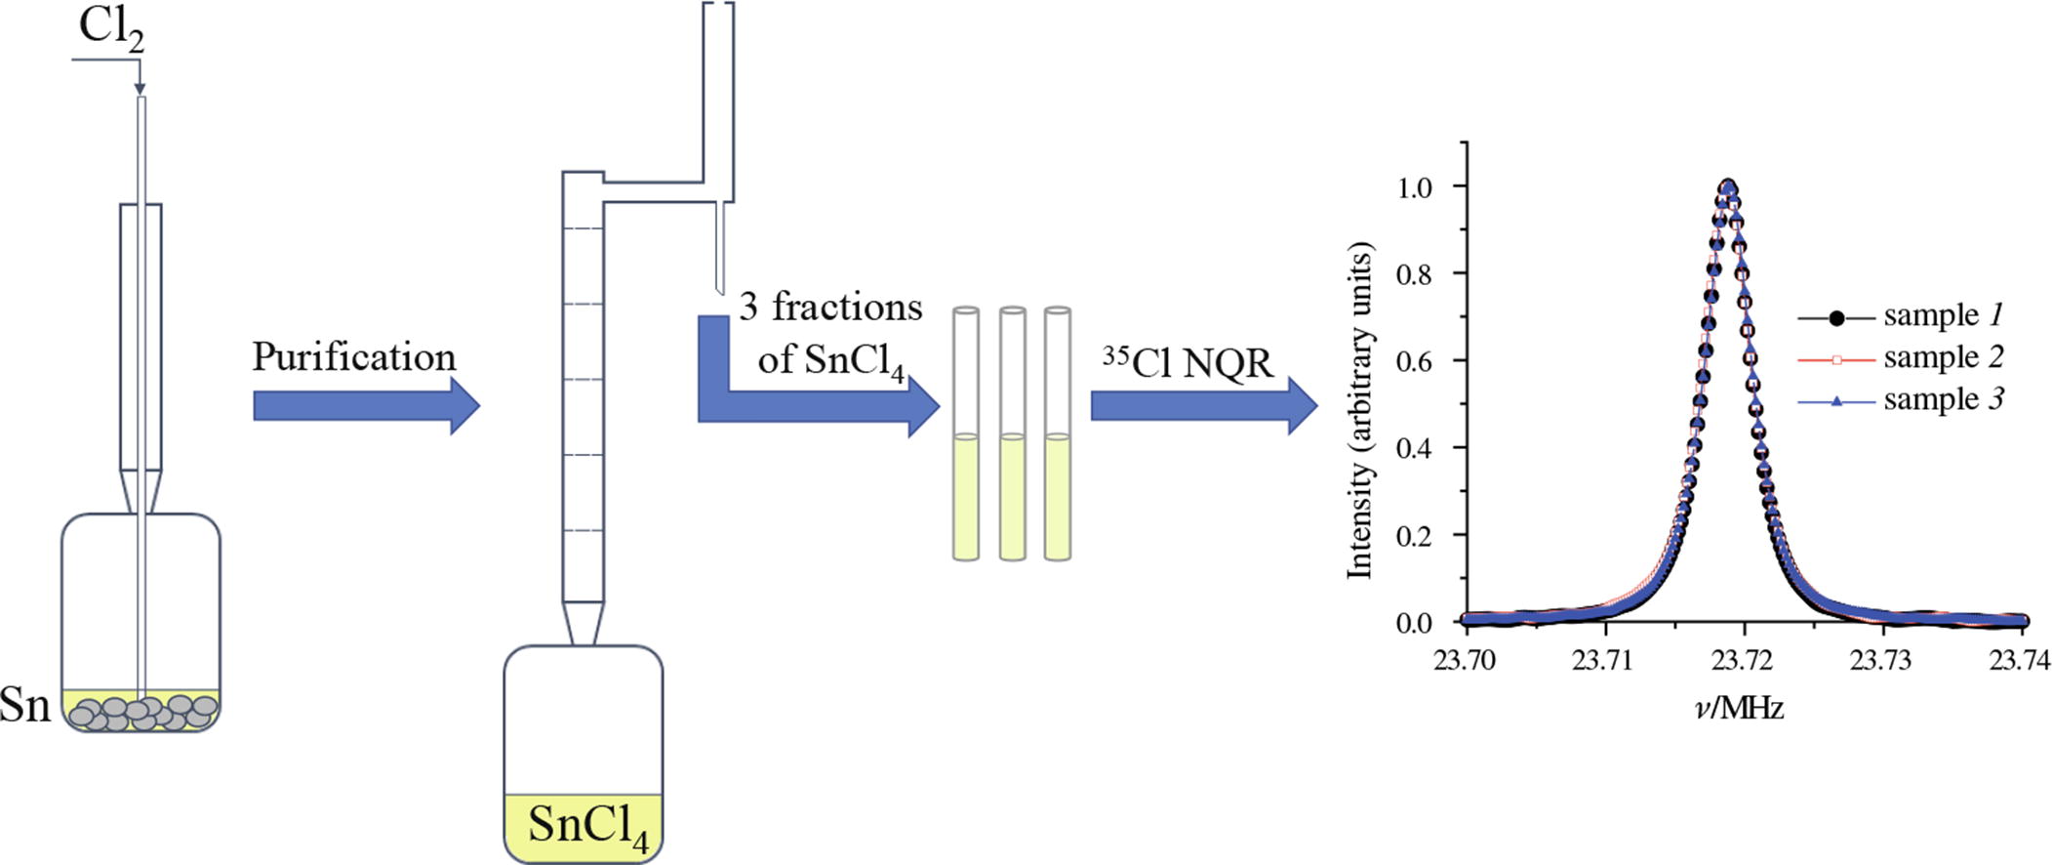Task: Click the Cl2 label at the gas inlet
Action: point(110,29)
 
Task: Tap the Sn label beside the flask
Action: point(24,705)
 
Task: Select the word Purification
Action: point(354,357)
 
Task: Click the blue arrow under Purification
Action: point(366,405)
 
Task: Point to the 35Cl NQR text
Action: point(1187,363)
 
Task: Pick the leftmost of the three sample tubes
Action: point(965,434)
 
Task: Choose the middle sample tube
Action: point(1012,434)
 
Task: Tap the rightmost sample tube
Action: point(1057,434)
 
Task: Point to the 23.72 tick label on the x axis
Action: point(1742,661)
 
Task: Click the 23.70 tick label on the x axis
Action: point(1464,661)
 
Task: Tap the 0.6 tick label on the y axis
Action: point(1414,361)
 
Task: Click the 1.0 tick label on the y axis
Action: point(1414,186)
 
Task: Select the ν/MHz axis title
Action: point(1740,708)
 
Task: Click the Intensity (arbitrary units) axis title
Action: point(1359,410)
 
